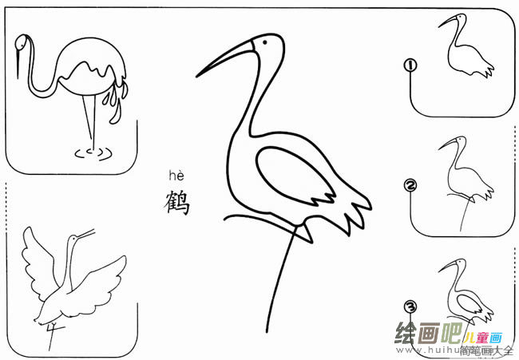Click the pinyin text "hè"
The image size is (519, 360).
(x=176, y=176)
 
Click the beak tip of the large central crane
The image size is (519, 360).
(x=198, y=77)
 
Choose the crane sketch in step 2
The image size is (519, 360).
(x=463, y=176)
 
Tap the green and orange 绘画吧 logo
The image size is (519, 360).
(x=431, y=334)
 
